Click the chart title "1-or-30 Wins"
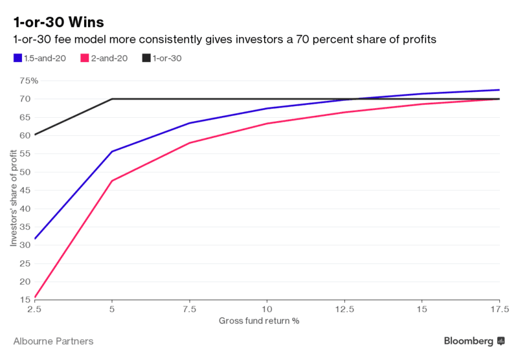58,21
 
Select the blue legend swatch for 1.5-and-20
17,58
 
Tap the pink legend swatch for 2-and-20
84,58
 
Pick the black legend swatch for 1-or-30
146,58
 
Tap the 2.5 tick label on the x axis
34,309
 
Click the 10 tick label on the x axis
266,309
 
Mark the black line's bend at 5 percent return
112,99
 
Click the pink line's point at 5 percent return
112,181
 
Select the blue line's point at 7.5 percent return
189,123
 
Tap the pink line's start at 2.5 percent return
35,298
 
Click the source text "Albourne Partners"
53,341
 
